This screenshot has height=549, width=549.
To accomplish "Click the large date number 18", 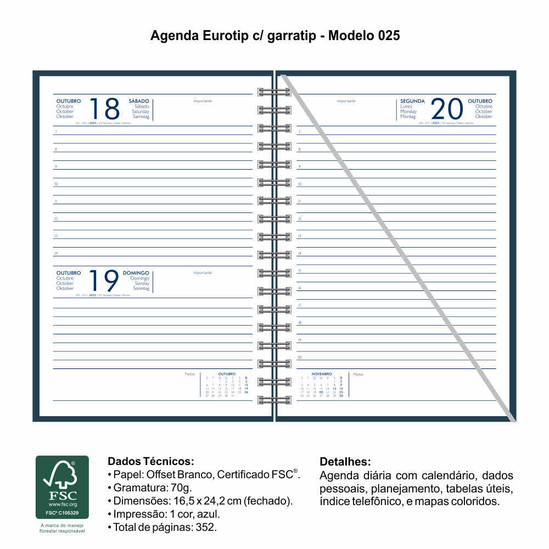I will tap(104, 109).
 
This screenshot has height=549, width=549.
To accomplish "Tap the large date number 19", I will tap(104, 281).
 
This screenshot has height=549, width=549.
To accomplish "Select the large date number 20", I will tap(447, 109).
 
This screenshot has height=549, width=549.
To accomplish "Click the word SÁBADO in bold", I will tap(139, 101).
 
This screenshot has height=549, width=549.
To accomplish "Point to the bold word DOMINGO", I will tap(136, 273).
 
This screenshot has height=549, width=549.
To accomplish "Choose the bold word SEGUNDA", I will tap(412, 101).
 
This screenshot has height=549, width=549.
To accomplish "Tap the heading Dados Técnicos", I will tap(151, 461).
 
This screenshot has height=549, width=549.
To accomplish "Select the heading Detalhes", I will tap(345, 461).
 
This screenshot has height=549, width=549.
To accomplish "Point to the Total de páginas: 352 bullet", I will tap(165, 528).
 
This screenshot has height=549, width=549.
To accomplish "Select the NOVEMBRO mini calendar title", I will tap(322, 374).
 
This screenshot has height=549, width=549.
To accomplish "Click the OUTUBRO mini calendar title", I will tap(227, 374).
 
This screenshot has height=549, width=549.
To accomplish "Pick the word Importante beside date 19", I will tap(203, 273).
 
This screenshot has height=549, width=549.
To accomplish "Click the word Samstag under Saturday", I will tap(141, 116).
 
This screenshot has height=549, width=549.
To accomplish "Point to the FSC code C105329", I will tap(62, 513).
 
